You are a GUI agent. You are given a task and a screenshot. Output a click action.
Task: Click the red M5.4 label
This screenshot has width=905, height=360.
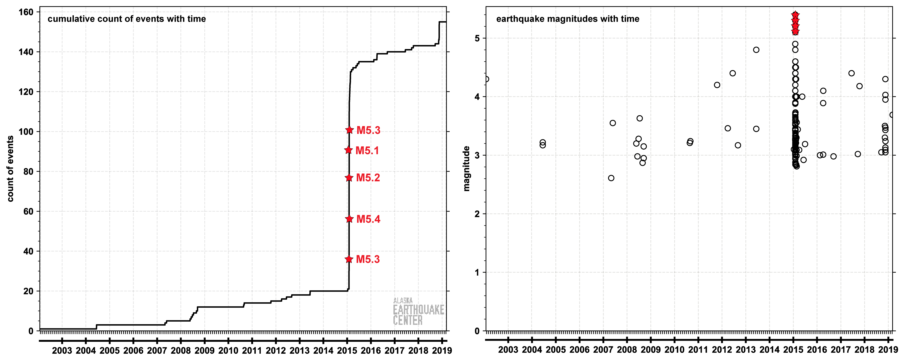(x=368, y=219)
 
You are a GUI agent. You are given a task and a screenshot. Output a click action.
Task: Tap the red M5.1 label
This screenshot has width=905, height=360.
(x=367, y=151)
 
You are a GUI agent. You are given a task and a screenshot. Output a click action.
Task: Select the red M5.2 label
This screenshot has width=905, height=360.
(x=368, y=178)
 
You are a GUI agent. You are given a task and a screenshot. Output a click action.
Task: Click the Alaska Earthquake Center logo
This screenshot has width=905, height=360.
(x=418, y=311)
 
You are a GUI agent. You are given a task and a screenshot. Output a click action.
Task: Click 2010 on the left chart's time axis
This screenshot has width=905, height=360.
(x=228, y=350)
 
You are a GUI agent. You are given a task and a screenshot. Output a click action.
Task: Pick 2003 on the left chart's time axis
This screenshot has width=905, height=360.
(x=62, y=350)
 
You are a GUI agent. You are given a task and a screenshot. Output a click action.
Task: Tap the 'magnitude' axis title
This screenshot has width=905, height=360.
(x=466, y=169)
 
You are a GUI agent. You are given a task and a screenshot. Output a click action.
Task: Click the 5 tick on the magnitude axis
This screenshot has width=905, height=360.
(x=477, y=38)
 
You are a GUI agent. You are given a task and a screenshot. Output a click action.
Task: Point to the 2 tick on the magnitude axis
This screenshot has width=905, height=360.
(x=477, y=214)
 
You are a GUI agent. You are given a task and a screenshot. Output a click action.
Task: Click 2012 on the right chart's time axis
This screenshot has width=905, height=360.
(x=722, y=350)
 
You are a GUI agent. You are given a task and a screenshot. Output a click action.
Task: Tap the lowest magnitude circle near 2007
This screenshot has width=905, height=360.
(x=611, y=178)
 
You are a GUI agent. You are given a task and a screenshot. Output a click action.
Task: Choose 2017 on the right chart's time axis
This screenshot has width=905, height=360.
(x=840, y=350)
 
